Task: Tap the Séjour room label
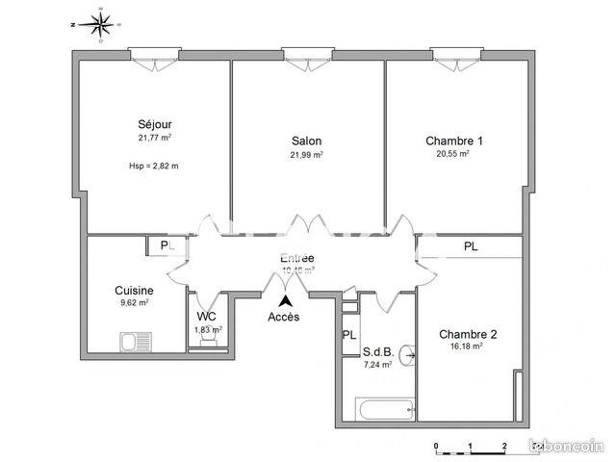coord(154,123)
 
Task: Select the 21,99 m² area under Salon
coord(307,155)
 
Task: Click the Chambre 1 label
coord(454,141)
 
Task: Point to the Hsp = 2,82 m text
coord(154,166)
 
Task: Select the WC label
coord(207,316)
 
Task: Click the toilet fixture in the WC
coord(203,344)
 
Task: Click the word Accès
coord(283,318)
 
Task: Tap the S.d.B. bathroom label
coord(376,350)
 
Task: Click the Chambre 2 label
coord(468,334)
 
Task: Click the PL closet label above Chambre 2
coord(471,246)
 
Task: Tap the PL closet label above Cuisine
coord(167,246)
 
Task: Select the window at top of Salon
coord(308,56)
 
